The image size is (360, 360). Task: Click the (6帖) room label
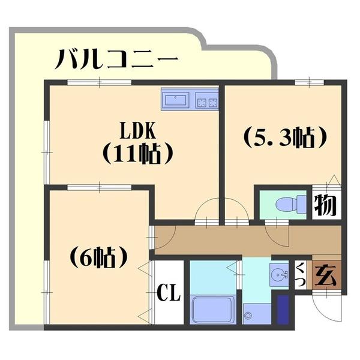click(100, 257)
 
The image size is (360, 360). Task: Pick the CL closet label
click(169, 293)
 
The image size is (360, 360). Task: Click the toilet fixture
click(289, 204)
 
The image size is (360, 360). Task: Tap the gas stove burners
click(207, 100)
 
